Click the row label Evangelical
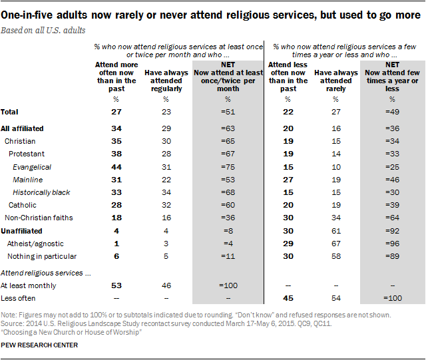(x=32, y=167)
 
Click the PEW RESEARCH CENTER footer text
(x=40, y=345)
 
